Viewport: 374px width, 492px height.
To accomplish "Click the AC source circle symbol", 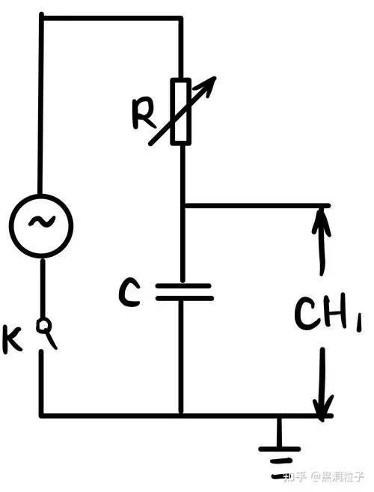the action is click(41, 195).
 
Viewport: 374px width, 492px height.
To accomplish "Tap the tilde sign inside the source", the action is click(41, 222).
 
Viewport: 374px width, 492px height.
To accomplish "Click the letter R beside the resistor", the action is click(143, 114).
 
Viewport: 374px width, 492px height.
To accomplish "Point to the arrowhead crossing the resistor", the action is click(207, 85).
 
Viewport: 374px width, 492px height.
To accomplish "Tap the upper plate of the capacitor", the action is click(183, 286).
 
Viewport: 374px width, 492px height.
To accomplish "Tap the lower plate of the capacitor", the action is click(185, 298).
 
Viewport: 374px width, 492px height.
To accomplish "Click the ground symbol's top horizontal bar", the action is click(279, 449).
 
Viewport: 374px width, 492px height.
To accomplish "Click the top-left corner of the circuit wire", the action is click(42, 17).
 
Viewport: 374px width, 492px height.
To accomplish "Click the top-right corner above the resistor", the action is click(180, 19).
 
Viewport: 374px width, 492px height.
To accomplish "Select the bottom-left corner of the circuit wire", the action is click(42, 416).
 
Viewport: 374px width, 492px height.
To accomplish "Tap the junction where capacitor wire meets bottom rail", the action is click(181, 416).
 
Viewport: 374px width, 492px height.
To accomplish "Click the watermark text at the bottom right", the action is click(323, 477).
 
